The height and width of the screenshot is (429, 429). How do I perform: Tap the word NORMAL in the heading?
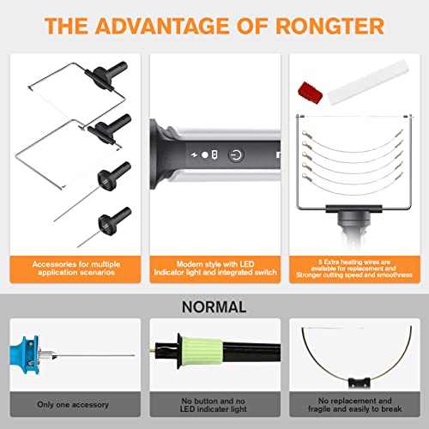pos(214,306)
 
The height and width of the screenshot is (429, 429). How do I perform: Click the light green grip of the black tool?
pos(203,354)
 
